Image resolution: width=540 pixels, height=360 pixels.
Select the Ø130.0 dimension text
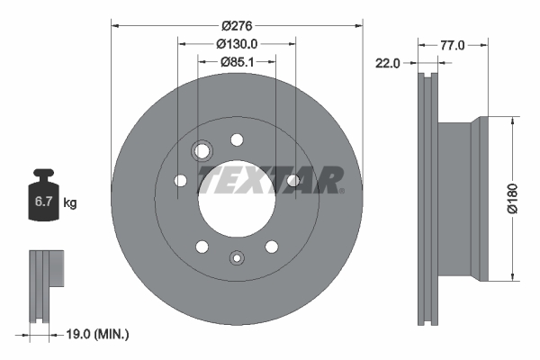pyautogui.click(x=237, y=42)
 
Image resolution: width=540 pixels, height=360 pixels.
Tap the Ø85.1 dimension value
pyautogui.click(x=237, y=61)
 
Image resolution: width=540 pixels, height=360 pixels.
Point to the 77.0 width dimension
pyautogui.click(x=452, y=42)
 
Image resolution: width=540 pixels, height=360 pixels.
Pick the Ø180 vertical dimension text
pyautogui.click(x=512, y=198)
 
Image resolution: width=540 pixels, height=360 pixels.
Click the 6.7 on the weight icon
pyautogui.click(x=42, y=202)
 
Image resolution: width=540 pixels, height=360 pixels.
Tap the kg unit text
pyautogui.click(x=70, y=203)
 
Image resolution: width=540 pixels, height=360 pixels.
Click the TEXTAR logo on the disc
pyautogui.click(x=270, y=179)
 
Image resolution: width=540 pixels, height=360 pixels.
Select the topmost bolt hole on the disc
pyautogui.click(x=237, y=139)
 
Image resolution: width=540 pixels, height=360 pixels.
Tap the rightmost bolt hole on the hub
pyautogui.click(x=293, y=182)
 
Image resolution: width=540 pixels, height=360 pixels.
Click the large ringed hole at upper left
pyautogui.click(x=202, y=150)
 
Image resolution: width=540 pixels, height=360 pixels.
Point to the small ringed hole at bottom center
pyautogui.click(x=236, y=257)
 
